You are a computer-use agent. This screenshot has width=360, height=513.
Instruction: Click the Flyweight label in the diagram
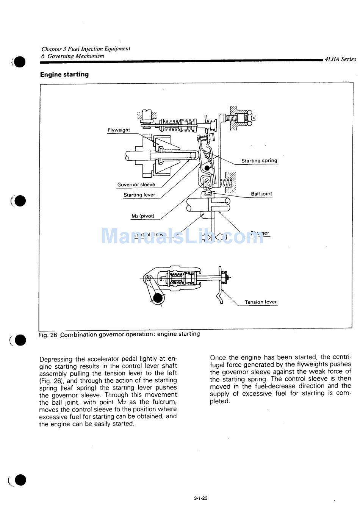point(119,130)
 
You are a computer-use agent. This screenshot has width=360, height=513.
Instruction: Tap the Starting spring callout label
point(259,161)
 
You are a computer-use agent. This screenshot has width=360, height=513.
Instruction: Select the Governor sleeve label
point(136,185)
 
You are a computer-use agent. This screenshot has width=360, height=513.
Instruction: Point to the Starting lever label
point(139,195)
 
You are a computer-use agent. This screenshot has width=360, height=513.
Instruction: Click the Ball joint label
point(261,194)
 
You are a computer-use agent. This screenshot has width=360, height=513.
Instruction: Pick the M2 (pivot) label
point(143,216)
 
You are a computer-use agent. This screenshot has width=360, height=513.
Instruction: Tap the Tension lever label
point(261,302)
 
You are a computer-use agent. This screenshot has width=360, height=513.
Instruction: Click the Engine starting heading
point(64,75)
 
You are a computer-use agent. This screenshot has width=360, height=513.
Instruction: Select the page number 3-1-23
point(200,498)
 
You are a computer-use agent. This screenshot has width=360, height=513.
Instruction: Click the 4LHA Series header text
point(340,59)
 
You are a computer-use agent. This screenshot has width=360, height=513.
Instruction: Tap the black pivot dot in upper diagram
point(207,167)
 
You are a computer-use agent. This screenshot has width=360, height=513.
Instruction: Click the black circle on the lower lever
point(158,298)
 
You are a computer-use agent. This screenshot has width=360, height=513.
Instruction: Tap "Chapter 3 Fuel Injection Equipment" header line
point(86,49)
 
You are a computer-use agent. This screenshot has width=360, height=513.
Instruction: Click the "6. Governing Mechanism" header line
point(73,56)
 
